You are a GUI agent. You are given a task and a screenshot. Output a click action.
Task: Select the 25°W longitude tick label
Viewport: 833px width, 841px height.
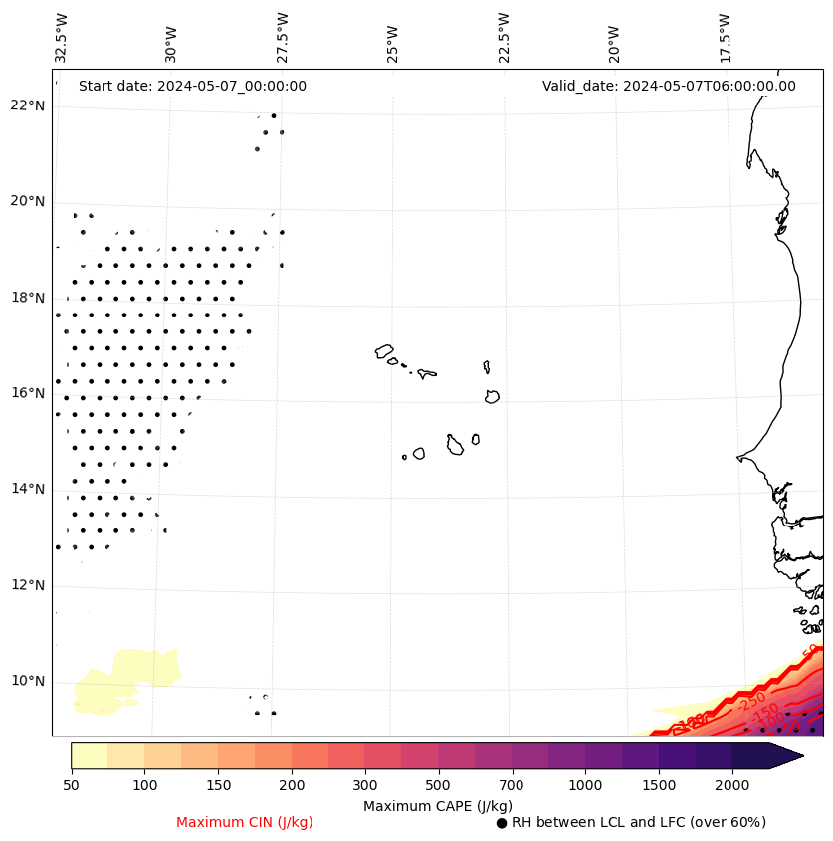click(393, 38)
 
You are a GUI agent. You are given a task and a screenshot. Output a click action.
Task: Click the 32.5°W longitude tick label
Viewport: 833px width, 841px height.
click(62, 38)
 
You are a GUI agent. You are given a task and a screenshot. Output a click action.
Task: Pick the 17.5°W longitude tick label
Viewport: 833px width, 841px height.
click(725, 38)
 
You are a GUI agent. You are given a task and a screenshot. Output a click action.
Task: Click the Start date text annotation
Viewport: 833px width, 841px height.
click(192, 86)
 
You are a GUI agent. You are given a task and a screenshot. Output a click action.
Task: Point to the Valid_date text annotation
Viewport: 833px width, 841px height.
click(669, 86)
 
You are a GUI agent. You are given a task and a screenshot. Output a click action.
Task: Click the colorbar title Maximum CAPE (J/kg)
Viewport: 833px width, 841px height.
click(438, 805)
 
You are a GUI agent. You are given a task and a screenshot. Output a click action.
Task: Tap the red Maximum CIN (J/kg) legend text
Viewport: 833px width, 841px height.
click(245, 822)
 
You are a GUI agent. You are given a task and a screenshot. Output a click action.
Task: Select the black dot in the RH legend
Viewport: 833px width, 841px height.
click(502, 823)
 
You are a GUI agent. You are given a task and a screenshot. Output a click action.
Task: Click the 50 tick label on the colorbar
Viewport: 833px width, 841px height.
click(71, 785)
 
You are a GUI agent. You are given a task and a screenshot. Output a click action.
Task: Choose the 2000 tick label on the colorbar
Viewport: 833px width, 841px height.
click(731, 785)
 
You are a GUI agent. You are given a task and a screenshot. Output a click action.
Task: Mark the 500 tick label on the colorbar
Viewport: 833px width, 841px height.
click(438, 785)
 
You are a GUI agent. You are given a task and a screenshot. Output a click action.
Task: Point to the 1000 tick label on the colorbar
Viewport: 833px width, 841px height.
click(585, 785)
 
